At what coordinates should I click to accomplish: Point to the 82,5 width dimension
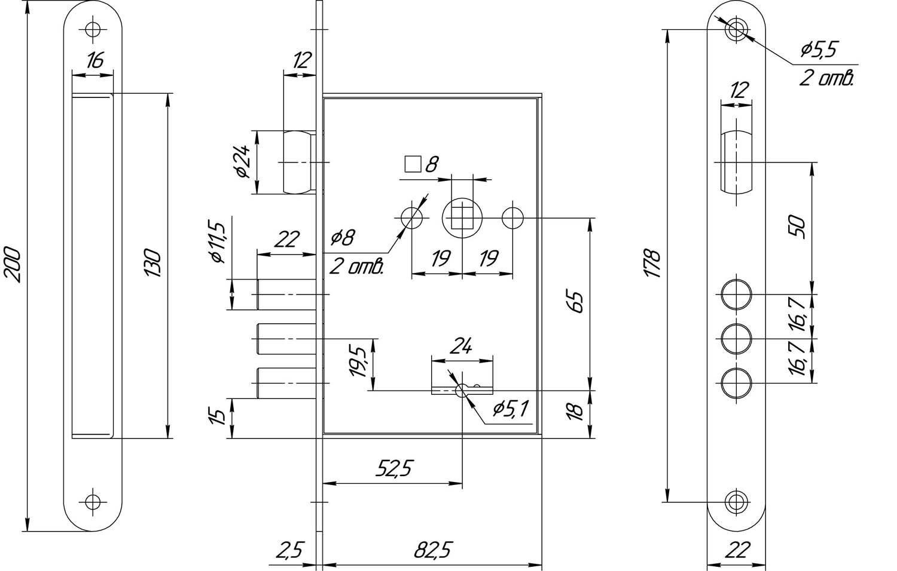click(432, 551)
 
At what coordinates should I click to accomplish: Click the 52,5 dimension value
click(394, 469)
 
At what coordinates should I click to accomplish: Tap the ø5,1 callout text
click(510, 409)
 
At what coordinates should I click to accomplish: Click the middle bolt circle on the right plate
click(736, 339)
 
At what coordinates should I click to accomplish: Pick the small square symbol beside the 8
click(412, 164)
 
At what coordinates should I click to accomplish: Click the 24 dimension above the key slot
click(462, 346)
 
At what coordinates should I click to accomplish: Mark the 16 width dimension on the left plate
click(94, 60)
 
